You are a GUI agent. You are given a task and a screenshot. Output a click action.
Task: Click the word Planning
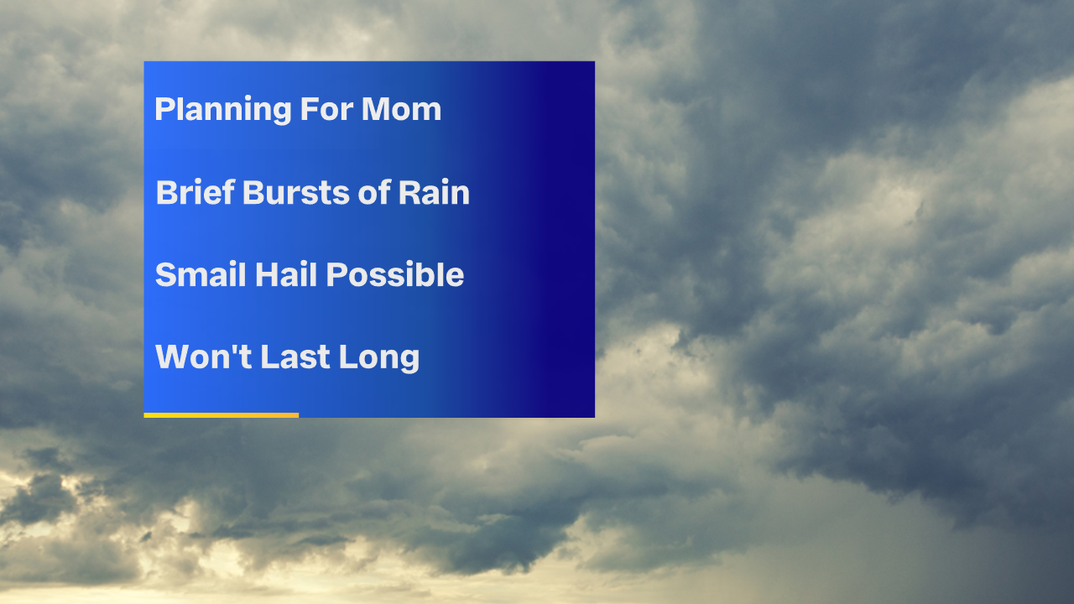pyautogui.click(x=223, y=110)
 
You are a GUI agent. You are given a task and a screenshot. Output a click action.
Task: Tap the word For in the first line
pyautogui.click(x=327, y=109)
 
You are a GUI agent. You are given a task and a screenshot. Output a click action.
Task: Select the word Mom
pyautogui.click(x=401, y=109)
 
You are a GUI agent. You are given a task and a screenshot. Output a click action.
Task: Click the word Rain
pyautogui.click(x=434, y=192)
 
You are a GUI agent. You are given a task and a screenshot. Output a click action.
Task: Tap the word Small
pyautogui.click(x=201, y=274)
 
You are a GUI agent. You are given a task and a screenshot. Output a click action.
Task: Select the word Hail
pyautogui.click(x=286, y=274)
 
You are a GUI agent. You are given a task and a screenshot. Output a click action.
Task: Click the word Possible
pyautogui.click(x=395, y=274)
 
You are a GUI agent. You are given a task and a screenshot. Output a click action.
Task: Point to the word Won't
pyautogui.click(x=203, y=357)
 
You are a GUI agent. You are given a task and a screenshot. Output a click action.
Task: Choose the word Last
pyautogui.click(x=295, y=357)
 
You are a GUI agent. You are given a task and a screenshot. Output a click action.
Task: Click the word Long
pyautogui.click(x=379, y=358)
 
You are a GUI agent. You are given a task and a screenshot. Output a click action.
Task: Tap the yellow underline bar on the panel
pyautogui.click(x=221, y=415)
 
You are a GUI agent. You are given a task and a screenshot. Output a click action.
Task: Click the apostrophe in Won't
pyautogui.click(x=234, y=348)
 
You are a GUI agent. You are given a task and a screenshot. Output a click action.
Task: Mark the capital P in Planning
pyautogui.click(x=164, y=109)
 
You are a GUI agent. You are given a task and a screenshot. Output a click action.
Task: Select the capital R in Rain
pyautogui.click(x=409, y=192)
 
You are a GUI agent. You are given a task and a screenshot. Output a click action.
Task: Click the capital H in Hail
pyautogui.click(x=267, y=274)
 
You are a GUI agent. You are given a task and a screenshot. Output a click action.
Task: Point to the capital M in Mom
pyautogui.click(x=376, y=109)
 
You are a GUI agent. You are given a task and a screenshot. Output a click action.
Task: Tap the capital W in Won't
pyautogui.click(x=174, y=357)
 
